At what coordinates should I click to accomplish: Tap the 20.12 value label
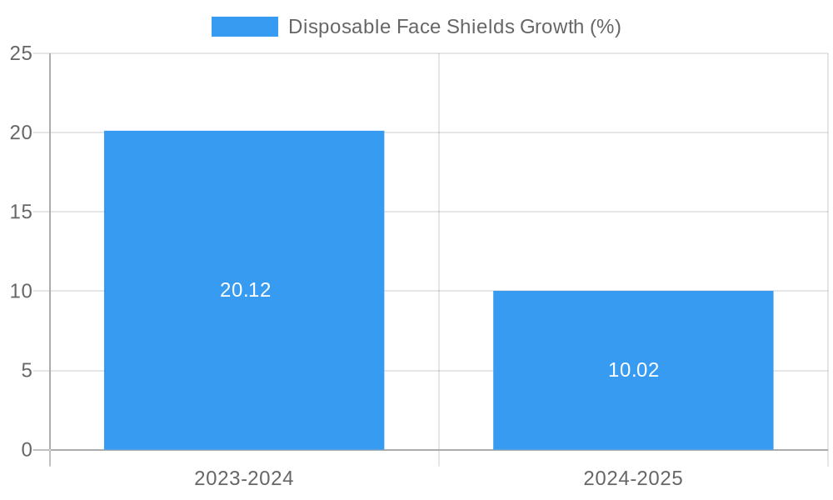point(246,290)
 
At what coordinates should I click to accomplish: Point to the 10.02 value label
point(633,370)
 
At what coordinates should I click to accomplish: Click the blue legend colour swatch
point(244,27)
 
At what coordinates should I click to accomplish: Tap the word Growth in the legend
point(552,27)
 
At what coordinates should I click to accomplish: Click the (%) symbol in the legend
point(606,27)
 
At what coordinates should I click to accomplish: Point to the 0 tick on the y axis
point(27,450)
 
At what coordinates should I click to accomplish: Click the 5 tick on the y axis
point(27,371)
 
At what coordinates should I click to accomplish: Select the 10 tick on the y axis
point(21,292)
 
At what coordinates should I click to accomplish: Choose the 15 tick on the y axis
point(21,212)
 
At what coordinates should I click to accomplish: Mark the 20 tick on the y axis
point(21,132)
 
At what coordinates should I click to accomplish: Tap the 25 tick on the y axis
point(21,53)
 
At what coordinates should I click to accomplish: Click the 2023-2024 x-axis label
point(244,478)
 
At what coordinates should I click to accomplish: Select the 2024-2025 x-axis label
point(633,478)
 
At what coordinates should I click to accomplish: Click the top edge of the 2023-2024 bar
point(244,132)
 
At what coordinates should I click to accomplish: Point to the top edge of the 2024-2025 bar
point(633,292)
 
